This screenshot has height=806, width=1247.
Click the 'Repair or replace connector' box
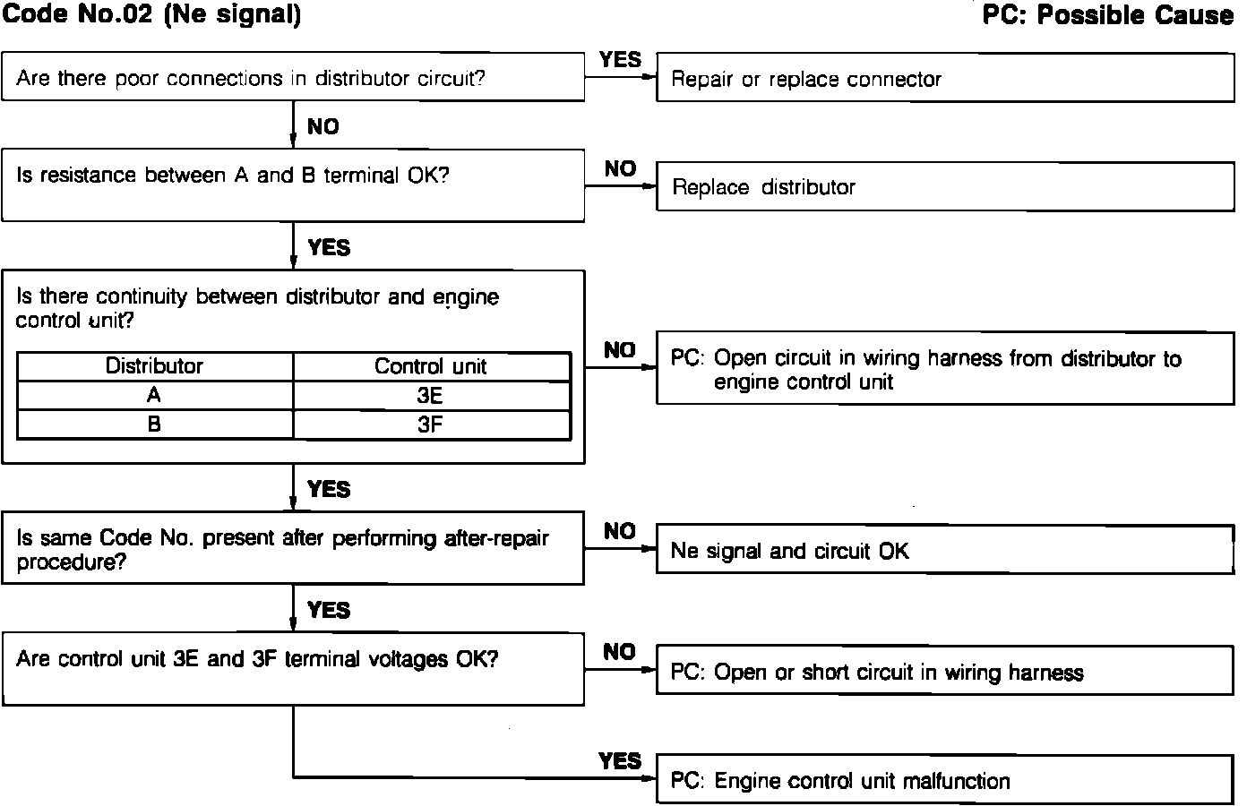945,79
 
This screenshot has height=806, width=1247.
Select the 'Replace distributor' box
945,187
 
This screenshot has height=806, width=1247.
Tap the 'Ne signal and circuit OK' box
945,550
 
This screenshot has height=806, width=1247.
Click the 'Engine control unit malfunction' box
945,781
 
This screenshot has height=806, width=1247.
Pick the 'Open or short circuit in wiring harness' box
945,673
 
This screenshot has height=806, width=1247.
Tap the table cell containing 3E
431,396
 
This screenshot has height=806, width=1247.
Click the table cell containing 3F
431,424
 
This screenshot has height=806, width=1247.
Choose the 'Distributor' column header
154,366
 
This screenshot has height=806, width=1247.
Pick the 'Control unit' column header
431,366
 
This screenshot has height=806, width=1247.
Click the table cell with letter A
154,396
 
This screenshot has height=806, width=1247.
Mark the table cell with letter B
154,424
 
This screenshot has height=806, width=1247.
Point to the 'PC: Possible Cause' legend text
1107,15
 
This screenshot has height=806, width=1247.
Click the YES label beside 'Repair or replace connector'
620,60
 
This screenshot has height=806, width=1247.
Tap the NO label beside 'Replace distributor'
620,168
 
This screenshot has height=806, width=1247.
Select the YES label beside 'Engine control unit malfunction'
620,761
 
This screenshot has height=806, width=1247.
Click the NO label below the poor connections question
322,126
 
